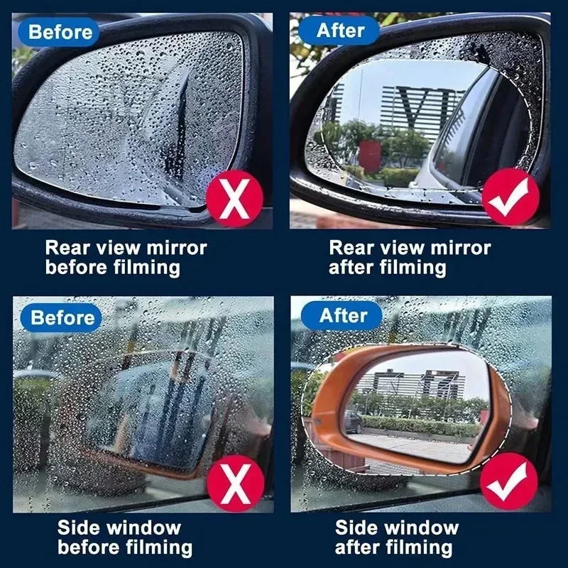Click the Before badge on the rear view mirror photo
(60, 31)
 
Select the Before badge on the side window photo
(62, 317)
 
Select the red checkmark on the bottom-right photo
(508, 482)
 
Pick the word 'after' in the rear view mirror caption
(353, 268)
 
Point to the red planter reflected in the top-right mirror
(369, 154)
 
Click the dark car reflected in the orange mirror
(352, 422)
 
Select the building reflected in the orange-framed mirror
(412, 384)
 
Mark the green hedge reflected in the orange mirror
(426, 425)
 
